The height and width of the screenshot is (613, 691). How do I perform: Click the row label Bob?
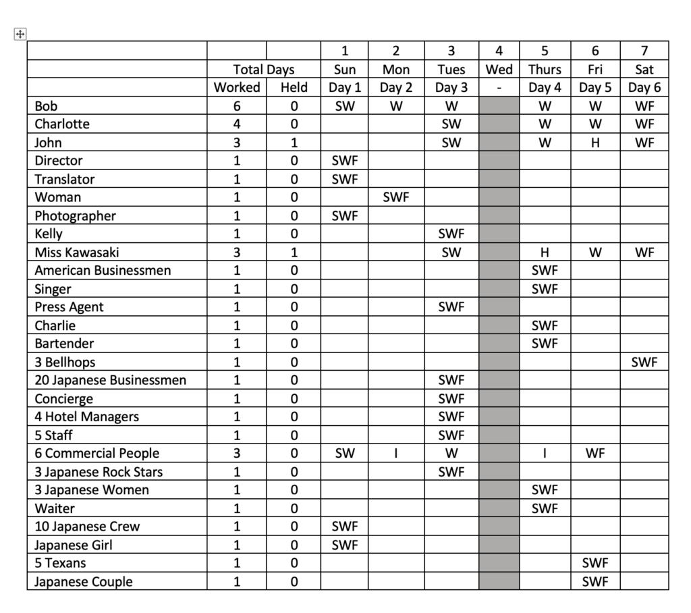click(46, 106)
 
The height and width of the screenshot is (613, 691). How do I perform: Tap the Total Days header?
click(264, 70)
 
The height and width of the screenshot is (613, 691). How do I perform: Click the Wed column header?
click(499, 70)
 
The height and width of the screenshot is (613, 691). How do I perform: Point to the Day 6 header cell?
click(644, 88)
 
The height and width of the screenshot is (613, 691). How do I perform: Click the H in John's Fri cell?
click(595, 142)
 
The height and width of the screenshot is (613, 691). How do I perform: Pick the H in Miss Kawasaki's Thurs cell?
click(545, 252)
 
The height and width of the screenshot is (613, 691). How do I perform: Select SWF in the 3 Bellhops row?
click(644, 362)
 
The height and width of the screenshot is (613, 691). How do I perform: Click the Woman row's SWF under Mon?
click(396, 197)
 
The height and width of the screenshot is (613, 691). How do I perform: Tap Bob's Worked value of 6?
click(237, 106)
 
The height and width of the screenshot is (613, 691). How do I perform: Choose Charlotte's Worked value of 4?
click(237, 124)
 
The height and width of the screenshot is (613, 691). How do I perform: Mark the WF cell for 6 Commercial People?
click(595, 454)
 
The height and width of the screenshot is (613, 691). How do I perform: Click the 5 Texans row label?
click(61, 563)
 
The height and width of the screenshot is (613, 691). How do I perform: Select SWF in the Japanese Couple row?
click(595, 581)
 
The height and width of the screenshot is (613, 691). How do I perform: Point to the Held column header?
click(294, 88)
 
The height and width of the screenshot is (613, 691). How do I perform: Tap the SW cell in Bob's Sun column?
click(345, 106)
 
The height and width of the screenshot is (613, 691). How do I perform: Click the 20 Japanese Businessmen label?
click(110, 380)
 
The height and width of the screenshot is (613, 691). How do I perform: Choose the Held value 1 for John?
click(294, 142)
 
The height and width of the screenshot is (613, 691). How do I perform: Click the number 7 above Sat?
click(644, 51)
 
